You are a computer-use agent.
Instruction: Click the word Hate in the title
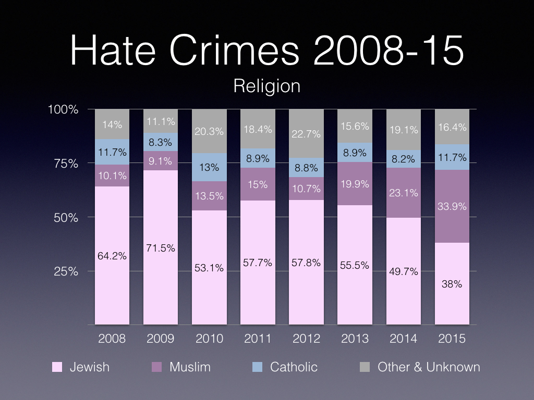coord(118,51)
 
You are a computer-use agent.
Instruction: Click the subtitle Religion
coord(266,85)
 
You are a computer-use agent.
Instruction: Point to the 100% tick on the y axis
coord(63,109)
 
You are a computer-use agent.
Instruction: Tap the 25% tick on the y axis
coord(66,271)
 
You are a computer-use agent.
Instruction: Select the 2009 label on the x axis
coord(161,339)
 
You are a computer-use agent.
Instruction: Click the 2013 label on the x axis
coord(355,339)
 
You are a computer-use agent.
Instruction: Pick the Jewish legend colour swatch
coord(57,367)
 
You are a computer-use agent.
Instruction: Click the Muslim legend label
coord(190,367)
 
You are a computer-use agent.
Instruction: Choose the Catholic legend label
coord(294,367)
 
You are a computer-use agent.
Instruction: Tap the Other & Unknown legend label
coord(429,367)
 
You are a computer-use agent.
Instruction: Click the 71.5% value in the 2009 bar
coord(161,248)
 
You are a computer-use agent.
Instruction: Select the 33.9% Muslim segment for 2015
coord(452,206)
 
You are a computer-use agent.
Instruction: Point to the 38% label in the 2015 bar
coord(452,284)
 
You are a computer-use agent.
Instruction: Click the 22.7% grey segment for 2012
coord(306,134)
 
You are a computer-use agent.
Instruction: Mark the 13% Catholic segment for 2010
coord(209,167)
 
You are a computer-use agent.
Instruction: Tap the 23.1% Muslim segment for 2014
coord(403,193)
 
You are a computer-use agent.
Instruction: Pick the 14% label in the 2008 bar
coord(112,124)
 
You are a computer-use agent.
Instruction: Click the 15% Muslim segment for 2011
coord(258,184)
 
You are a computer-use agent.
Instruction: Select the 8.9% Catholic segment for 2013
coord(355,153)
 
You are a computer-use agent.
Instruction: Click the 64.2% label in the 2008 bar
coord(112,256)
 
